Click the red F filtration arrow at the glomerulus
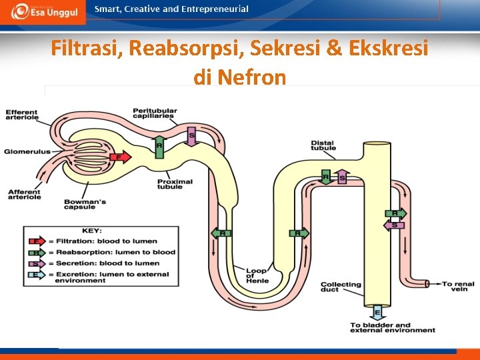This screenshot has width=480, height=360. pos(121,157)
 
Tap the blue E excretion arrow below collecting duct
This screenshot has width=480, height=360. pos(377,312)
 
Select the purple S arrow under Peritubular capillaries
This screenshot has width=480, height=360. pos(192,137)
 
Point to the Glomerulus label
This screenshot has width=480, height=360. pos(27,152)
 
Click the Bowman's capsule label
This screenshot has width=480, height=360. pos(83,203)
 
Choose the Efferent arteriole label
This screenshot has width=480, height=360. pos(22,115)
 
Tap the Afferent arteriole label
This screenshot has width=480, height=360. pos(25,194)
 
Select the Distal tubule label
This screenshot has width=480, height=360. pos(323,145)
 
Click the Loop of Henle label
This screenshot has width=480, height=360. pos(257,276)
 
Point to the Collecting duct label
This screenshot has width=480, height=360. pos(341,287)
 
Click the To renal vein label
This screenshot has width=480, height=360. pos(459,286)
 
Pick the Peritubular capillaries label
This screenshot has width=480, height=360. pos(154,113)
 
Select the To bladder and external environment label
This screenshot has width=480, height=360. pos(393,327)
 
